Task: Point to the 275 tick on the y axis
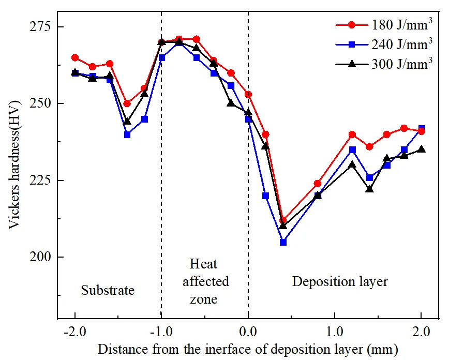pyautogui.click(x=40, y=26)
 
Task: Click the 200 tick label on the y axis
pyautogui.click(x=40, y=257)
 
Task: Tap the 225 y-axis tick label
pyautogui.click(x=40, y=180)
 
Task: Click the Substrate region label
pyautogui.click(x=108, y=290)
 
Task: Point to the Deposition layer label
pyautogui.click(x=340, y=282)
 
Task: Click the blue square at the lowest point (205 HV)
pyautogui.click(x=283, y=242)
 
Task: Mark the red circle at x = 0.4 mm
pyautogui.click(x=283, y=220)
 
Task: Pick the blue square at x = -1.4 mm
pyautogui.click(x=127, y=134)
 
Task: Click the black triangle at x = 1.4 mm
pyautogui.click(x=369, y=189)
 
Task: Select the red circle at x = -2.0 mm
pyautogui.click(x=75, y=57)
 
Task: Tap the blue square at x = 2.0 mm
pyautogui.click(x=422, y=128)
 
